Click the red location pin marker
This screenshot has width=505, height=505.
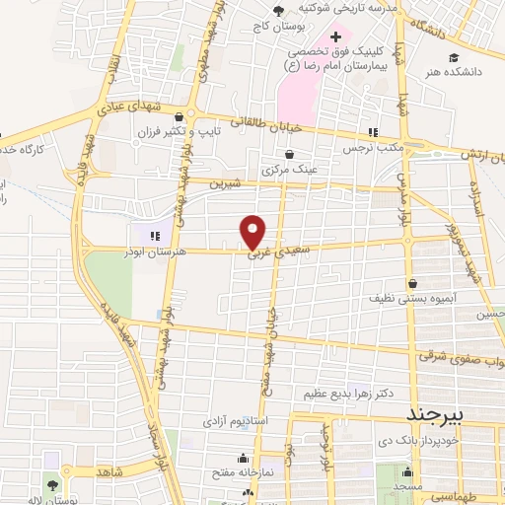[x=253, y=232]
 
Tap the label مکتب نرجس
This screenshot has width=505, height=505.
[x=362, y=147]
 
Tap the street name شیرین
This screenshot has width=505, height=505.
[x=227, y=181]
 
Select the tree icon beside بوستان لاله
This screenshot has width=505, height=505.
[x=51, y=485]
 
